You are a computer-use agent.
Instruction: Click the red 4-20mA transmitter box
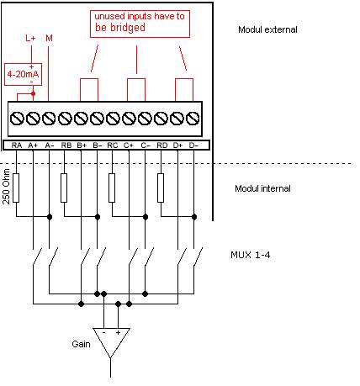point(23,74)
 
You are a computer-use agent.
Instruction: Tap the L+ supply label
point(30,38)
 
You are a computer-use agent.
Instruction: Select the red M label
point(49,38)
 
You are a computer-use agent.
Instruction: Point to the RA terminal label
point(17,145)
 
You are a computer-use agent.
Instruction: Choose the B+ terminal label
point(82,145)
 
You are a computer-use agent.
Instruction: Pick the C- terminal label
point(146,145)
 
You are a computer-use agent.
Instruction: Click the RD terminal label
point(162,145)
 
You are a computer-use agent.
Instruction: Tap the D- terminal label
point(193,145)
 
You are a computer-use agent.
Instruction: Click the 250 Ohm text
point(6,187)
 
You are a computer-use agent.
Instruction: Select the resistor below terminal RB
point(64,188)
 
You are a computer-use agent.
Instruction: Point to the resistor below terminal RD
point(161,188)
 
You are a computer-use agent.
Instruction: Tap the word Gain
point(81,344)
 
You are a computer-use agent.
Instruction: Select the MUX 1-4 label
point(251,255)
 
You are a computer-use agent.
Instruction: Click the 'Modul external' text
point(267,29)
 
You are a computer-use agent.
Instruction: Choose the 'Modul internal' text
point(262,188)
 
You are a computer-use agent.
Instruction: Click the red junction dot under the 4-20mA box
point(33,93)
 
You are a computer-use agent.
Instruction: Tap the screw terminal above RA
point(17,118)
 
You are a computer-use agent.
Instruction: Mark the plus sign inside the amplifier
point(118,332)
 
